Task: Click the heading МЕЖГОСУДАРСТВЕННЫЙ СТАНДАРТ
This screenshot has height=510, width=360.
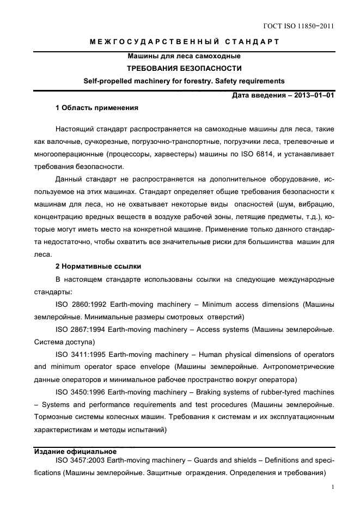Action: click(184, 42)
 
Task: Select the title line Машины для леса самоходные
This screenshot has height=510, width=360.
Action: click(184, 56)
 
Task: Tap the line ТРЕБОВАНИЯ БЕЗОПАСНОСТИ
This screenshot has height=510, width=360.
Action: click(184, 69)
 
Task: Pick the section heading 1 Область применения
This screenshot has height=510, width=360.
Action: click(97, 108)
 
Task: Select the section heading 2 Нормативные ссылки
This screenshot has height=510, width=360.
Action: click(99, 267)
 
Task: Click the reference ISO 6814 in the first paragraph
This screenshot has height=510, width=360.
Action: click(254, 154)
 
